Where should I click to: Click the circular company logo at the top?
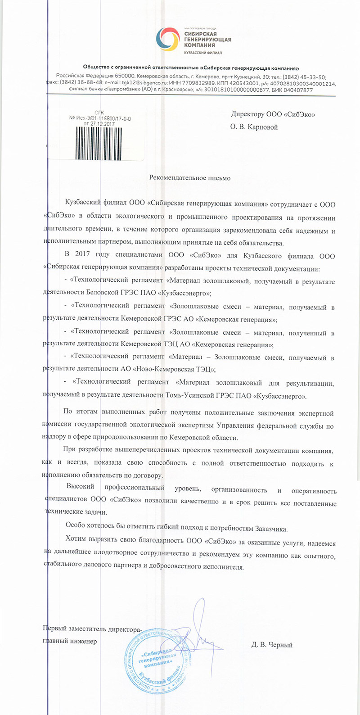pos(170,39)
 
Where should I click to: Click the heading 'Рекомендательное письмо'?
pos(190,178)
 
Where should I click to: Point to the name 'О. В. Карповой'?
pos(254,127)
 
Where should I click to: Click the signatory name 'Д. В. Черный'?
pos(272,645)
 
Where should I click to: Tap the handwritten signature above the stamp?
pos(198,630)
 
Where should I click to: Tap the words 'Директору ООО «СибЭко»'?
pos(273,114)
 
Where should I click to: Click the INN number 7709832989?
pos(201,84)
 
